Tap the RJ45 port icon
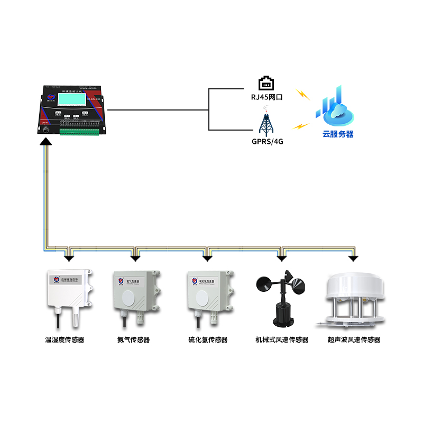click(266, 84)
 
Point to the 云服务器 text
click(338, 134)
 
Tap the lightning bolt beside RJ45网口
click(302, 94)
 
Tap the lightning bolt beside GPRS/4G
click(300, 127)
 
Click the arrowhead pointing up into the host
click(47, 141)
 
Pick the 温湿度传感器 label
click(65, 340)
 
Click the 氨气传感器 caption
click(133, 340)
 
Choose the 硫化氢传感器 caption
click(208, 340)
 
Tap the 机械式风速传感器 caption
click(281, 340)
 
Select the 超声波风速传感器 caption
click(354, 340)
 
